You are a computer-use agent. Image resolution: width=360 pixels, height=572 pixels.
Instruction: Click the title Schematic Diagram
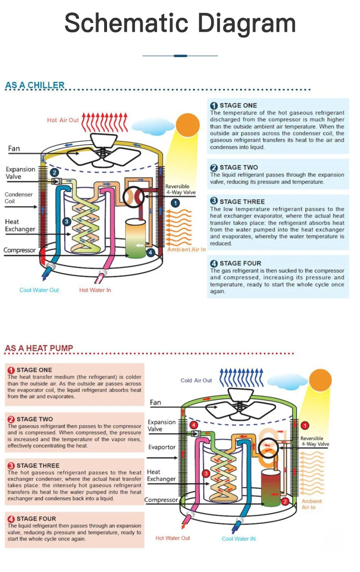[x=180, y=23]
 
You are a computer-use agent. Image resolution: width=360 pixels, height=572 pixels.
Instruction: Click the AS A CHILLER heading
[x=35, y=85]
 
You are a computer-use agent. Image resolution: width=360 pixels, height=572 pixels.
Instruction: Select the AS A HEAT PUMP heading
[x=39, y=348]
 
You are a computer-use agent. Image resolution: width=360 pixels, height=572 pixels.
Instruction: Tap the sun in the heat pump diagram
[x=320, y=380]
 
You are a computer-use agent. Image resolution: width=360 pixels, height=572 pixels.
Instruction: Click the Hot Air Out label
[x=63, y=120]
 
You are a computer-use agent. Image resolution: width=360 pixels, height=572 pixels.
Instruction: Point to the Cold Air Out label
[x=196, y=381]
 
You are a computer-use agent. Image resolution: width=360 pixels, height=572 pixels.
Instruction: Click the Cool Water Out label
[x=39, y=290]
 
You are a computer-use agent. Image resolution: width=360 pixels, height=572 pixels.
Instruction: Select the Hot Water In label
[x=95, y=290]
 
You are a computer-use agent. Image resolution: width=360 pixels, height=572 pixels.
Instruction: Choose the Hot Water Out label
[x=173, y=538]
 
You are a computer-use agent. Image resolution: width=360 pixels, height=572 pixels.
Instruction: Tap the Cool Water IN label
[x=239, y=538]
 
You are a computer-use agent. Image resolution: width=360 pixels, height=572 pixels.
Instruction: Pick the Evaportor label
[x=162, y=447]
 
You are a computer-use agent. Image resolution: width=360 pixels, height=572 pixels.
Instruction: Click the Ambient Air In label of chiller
[x=187, y=250]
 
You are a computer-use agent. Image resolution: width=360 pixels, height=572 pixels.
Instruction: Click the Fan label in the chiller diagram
[x=14, y=148]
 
